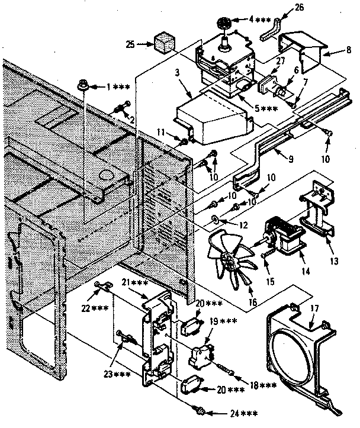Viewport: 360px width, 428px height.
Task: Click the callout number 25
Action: (131, 43)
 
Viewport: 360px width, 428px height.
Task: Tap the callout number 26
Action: (298, 8)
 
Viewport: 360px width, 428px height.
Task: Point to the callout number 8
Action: (348, 51)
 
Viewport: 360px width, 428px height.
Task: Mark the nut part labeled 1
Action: (85, 87)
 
